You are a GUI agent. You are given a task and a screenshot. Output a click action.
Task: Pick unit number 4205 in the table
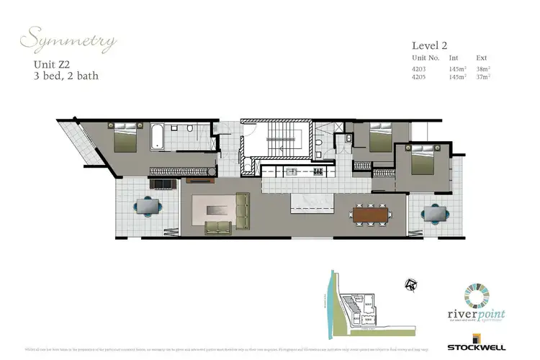[418, 78]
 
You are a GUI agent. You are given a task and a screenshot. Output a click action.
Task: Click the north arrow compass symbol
[413, 285]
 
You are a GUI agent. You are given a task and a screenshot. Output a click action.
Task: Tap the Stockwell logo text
[495, 348]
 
